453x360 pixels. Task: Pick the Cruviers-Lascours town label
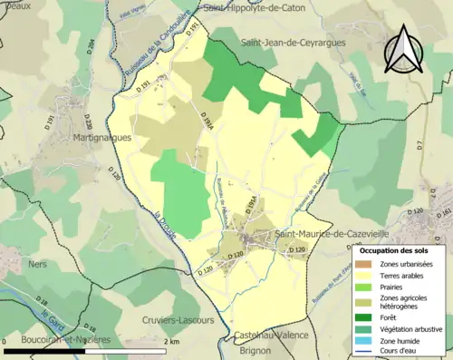[178, 320]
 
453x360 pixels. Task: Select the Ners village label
[37, 264]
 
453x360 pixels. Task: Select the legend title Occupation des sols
[396, 249]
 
